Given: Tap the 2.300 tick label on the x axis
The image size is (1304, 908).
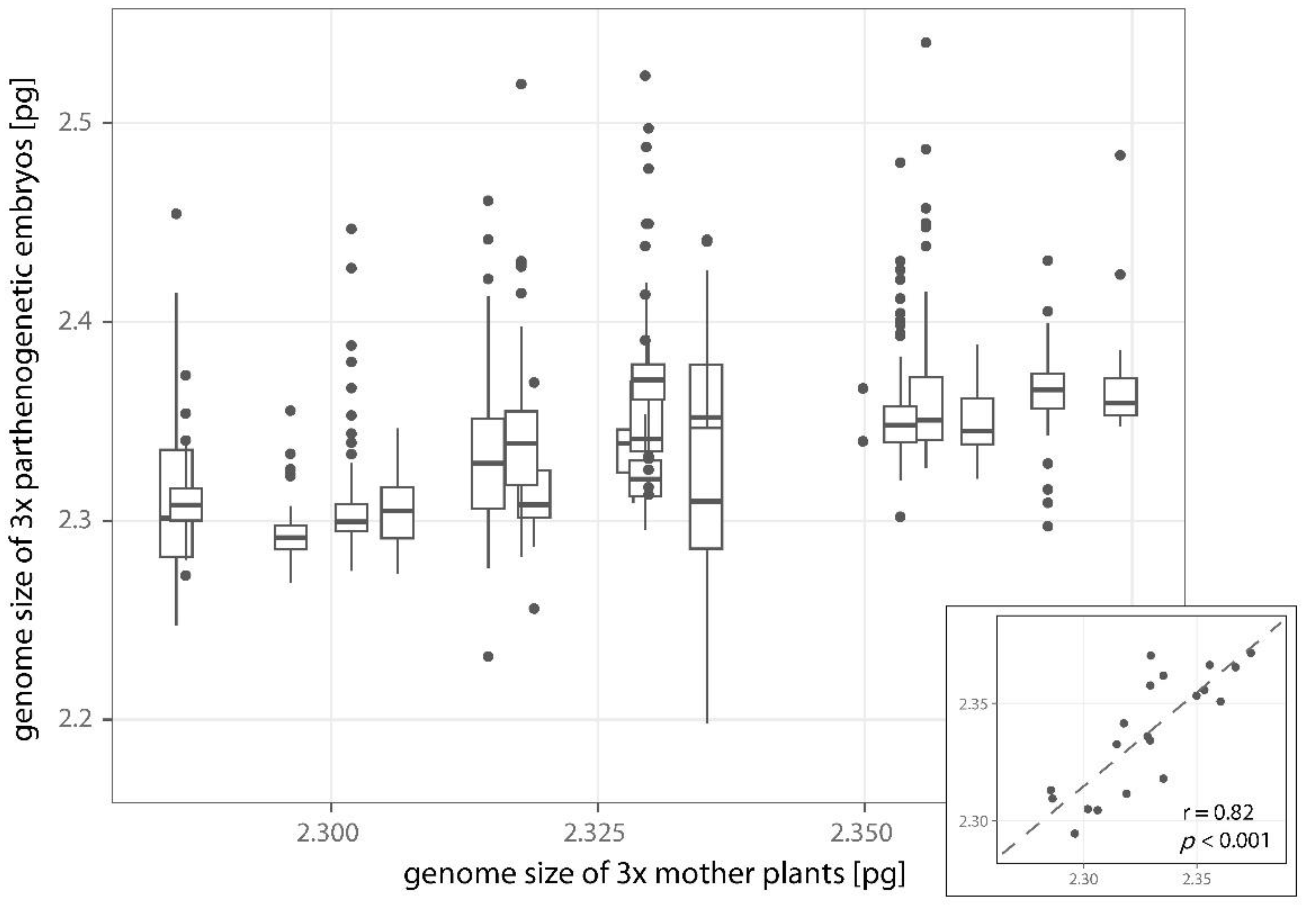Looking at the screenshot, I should (x=331, y=834).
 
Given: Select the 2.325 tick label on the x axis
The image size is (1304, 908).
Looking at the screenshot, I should (x=597, y=834).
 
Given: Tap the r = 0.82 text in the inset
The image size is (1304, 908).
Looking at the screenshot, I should (x=1218, y=812).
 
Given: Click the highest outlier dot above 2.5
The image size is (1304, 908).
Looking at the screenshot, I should (x=926, y=43).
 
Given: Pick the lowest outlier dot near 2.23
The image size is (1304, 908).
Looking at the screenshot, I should (x=488, y=656).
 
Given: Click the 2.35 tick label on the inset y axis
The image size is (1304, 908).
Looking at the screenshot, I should (x=974, y=704).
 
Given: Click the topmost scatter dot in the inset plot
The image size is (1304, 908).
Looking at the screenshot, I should (x=1151, y=655).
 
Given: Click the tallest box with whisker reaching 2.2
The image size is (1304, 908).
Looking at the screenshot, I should (x=707, y=457).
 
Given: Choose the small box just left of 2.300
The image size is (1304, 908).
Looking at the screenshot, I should (x=291, y=537).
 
